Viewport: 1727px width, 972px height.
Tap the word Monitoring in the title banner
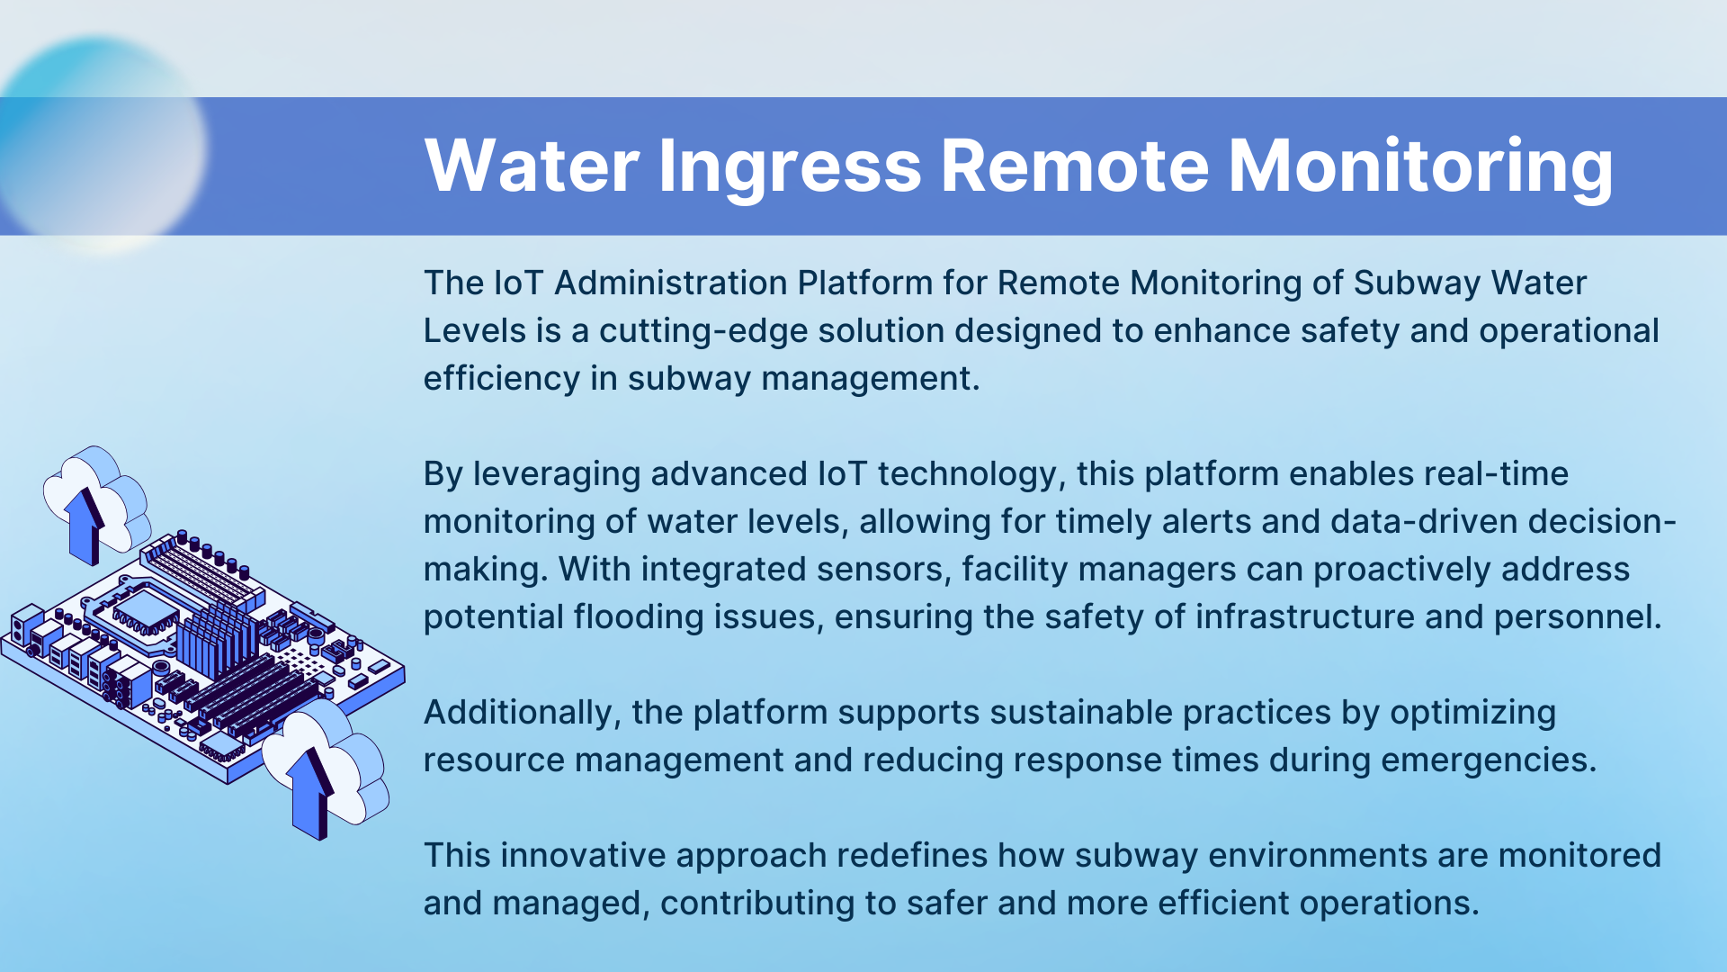pyautogui.click(x=1420, y=166)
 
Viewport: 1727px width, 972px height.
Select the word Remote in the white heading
pyautogui.click(x=1075, y=166)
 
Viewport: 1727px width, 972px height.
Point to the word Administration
pyautogui.click(x=671, y=283)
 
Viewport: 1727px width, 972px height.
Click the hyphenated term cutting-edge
pyautogui.click(x=704, y=331)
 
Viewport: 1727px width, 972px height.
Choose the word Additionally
pyautogui.click(x=523, y=713)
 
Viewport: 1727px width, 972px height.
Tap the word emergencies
pyautogui.click(x=1489, y=760)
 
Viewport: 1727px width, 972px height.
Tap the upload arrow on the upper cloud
pyautogui.click(x=85, y=526)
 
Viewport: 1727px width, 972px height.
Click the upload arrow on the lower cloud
pyautogui.click(x=311, y=792)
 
